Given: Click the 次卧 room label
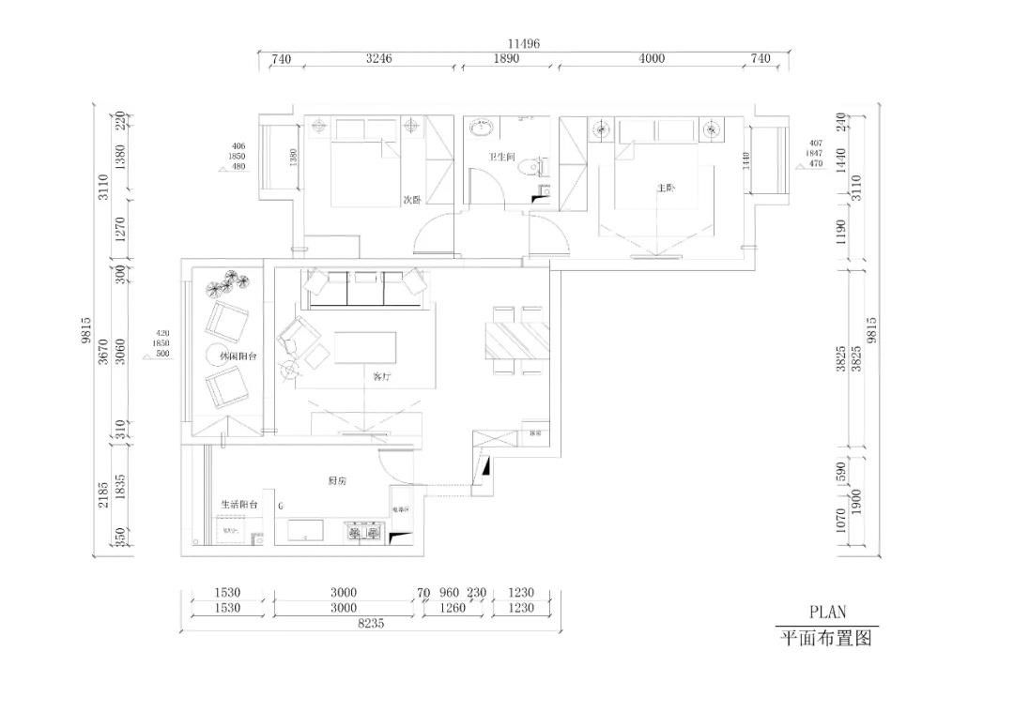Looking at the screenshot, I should pyautogui.click(x=410, y=200).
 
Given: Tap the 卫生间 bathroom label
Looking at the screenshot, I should pyautogui.click(x=501, y=158).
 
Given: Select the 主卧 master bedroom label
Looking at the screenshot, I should pyautogui.click(x=666, y=188).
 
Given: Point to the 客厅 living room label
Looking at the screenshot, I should pyautogui.click(x=381, y=375).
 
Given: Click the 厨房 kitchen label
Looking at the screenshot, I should pyautogui.click(x=338, y=480).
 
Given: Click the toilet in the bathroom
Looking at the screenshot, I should pyautogui.click(x=536, y=167).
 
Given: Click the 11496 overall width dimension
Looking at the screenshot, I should pyautogui.click(x=523, y=44).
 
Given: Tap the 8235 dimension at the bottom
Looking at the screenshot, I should pyautogui.click(x=369, y=623).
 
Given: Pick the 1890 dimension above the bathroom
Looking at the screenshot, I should pyautogui.click(x=506, y=58).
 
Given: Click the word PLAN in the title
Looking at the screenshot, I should pyautogui.click(x=827, y=612).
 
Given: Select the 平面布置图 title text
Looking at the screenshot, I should pyautogui.click(x=827, y=639).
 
